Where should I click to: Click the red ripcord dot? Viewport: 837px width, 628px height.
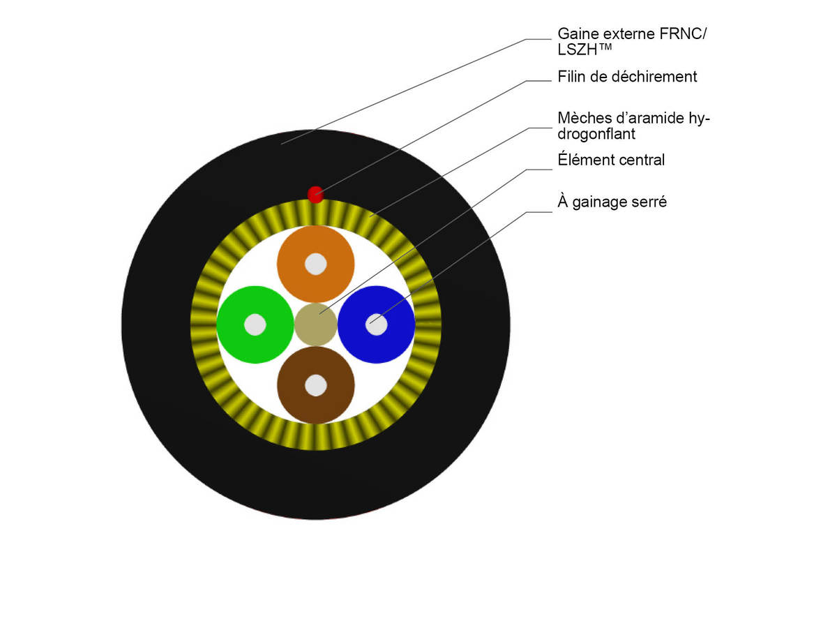click(x=315, y=194)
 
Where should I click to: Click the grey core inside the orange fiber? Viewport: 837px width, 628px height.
click(x=315, y=264)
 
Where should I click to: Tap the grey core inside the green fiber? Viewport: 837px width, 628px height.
click(x=255, y=324)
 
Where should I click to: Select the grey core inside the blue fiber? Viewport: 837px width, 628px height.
click(x=377, y=324)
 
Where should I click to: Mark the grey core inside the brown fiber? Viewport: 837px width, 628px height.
click(x=315, y=384)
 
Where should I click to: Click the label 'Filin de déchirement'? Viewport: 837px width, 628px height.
click(x=627, y=77)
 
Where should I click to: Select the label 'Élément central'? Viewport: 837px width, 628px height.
click(x=611, y=160)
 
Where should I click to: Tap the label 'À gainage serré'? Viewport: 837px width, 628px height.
click(x=612, y=202)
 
